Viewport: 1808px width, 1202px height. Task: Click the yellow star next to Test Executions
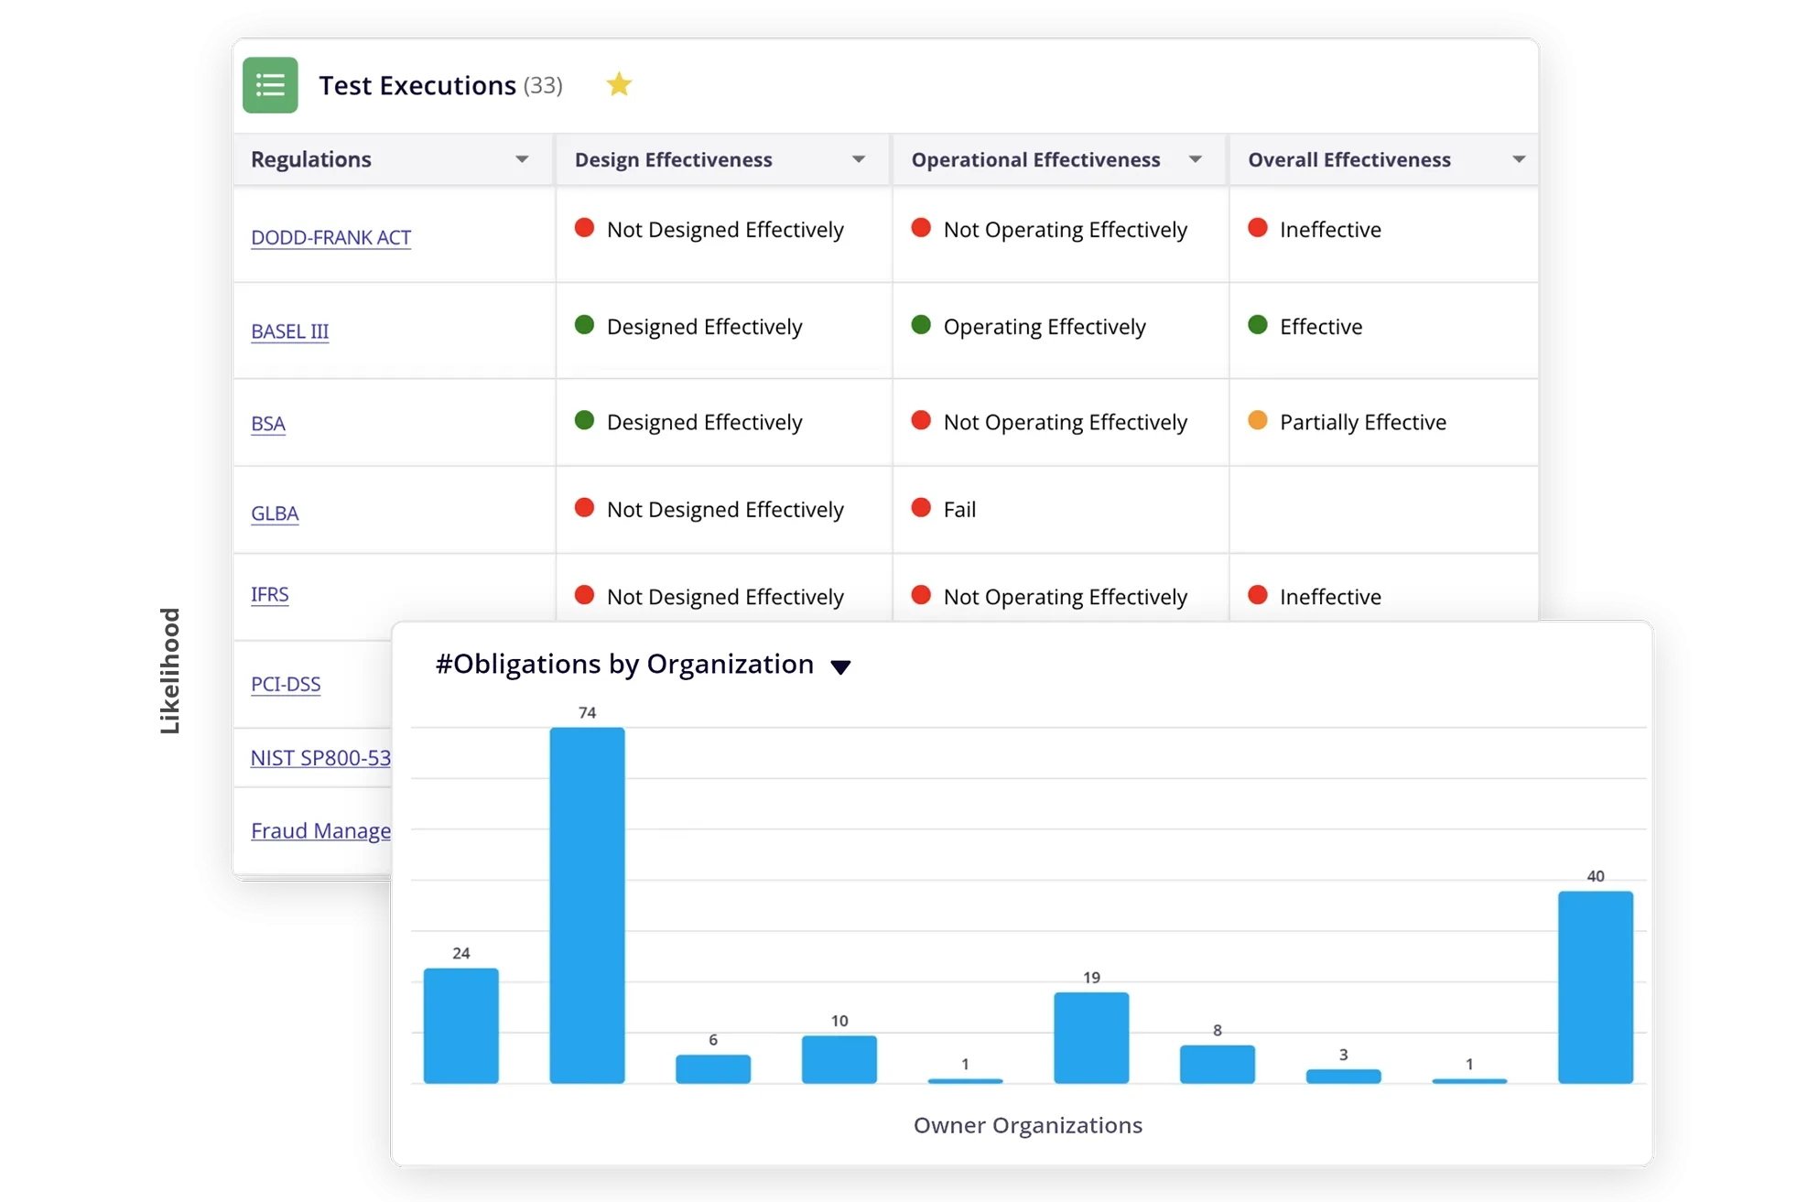tap(619, 84)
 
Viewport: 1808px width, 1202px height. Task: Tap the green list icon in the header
tap(270, 85)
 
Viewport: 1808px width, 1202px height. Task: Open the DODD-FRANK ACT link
tap(330, 237)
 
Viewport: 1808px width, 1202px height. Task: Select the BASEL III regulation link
tap(289, 331)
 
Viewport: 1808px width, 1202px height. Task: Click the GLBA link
tap(275, 514)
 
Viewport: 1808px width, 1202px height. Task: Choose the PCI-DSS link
tap(286, 684)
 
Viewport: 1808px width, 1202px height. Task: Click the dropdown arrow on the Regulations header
tap(522, 159)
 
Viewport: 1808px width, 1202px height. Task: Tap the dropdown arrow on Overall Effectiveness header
tap(1519, 159)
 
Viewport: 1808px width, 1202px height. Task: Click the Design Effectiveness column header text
tap(673, 159)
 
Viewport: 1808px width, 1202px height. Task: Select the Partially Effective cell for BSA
tap(1362, 422)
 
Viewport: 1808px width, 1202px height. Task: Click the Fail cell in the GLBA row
tap(958, 510)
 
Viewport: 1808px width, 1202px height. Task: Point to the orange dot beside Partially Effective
tap(1258, 420)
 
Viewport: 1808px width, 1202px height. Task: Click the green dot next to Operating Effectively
tap(921, 325)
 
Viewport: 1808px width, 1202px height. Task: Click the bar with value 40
tap(1595, 987)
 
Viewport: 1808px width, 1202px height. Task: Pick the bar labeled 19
tap(1091, 1037)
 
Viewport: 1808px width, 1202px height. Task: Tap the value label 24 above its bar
tap(461, 953)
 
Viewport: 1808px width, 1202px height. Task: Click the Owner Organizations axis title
tap(1027, 1125)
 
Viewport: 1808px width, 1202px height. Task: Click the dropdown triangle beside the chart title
tap(840, 666)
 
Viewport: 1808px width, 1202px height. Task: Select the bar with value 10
tap(839, 1059)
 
